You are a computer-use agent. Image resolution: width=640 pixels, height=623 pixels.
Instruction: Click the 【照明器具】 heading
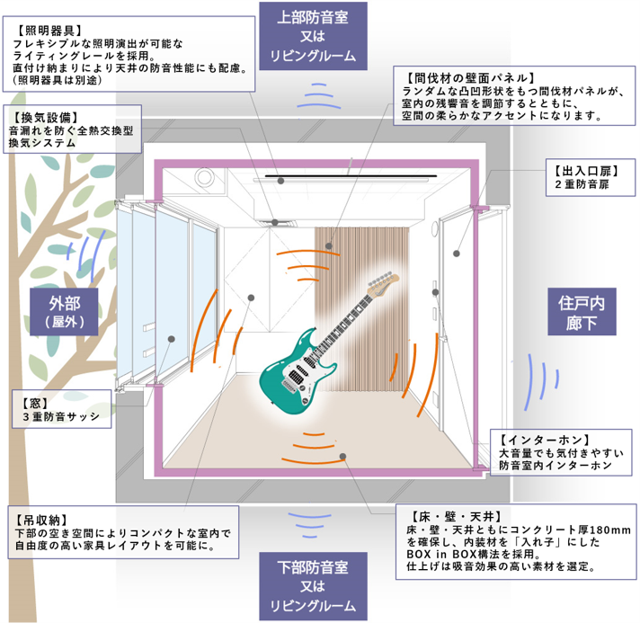[x=49, y=31]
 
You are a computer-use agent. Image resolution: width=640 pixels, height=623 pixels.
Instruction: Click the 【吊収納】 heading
[x=41, y=520]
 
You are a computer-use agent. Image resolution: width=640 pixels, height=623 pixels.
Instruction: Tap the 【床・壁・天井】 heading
[x=456, y=517]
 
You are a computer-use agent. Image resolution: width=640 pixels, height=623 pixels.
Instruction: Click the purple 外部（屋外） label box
[x=64, y=312]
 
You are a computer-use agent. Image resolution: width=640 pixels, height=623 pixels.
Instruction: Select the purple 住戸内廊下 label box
[x=582, y=312]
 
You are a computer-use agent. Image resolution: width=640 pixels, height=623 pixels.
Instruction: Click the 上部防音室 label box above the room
[x=313, y=36]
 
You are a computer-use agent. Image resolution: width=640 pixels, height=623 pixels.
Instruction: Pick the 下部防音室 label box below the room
[x=313, y=586]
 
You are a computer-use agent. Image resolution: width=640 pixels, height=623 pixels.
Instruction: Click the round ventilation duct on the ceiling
[x=204, y=178]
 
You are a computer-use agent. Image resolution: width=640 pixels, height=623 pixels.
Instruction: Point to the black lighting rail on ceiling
[x=351, y=176]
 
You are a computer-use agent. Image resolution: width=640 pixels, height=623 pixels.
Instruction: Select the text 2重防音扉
[x=582, y=184]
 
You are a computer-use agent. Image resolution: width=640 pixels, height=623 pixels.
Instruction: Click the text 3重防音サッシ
[x=61, y=416]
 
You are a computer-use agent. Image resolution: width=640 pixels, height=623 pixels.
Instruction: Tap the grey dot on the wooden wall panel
[x=329, y=246]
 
